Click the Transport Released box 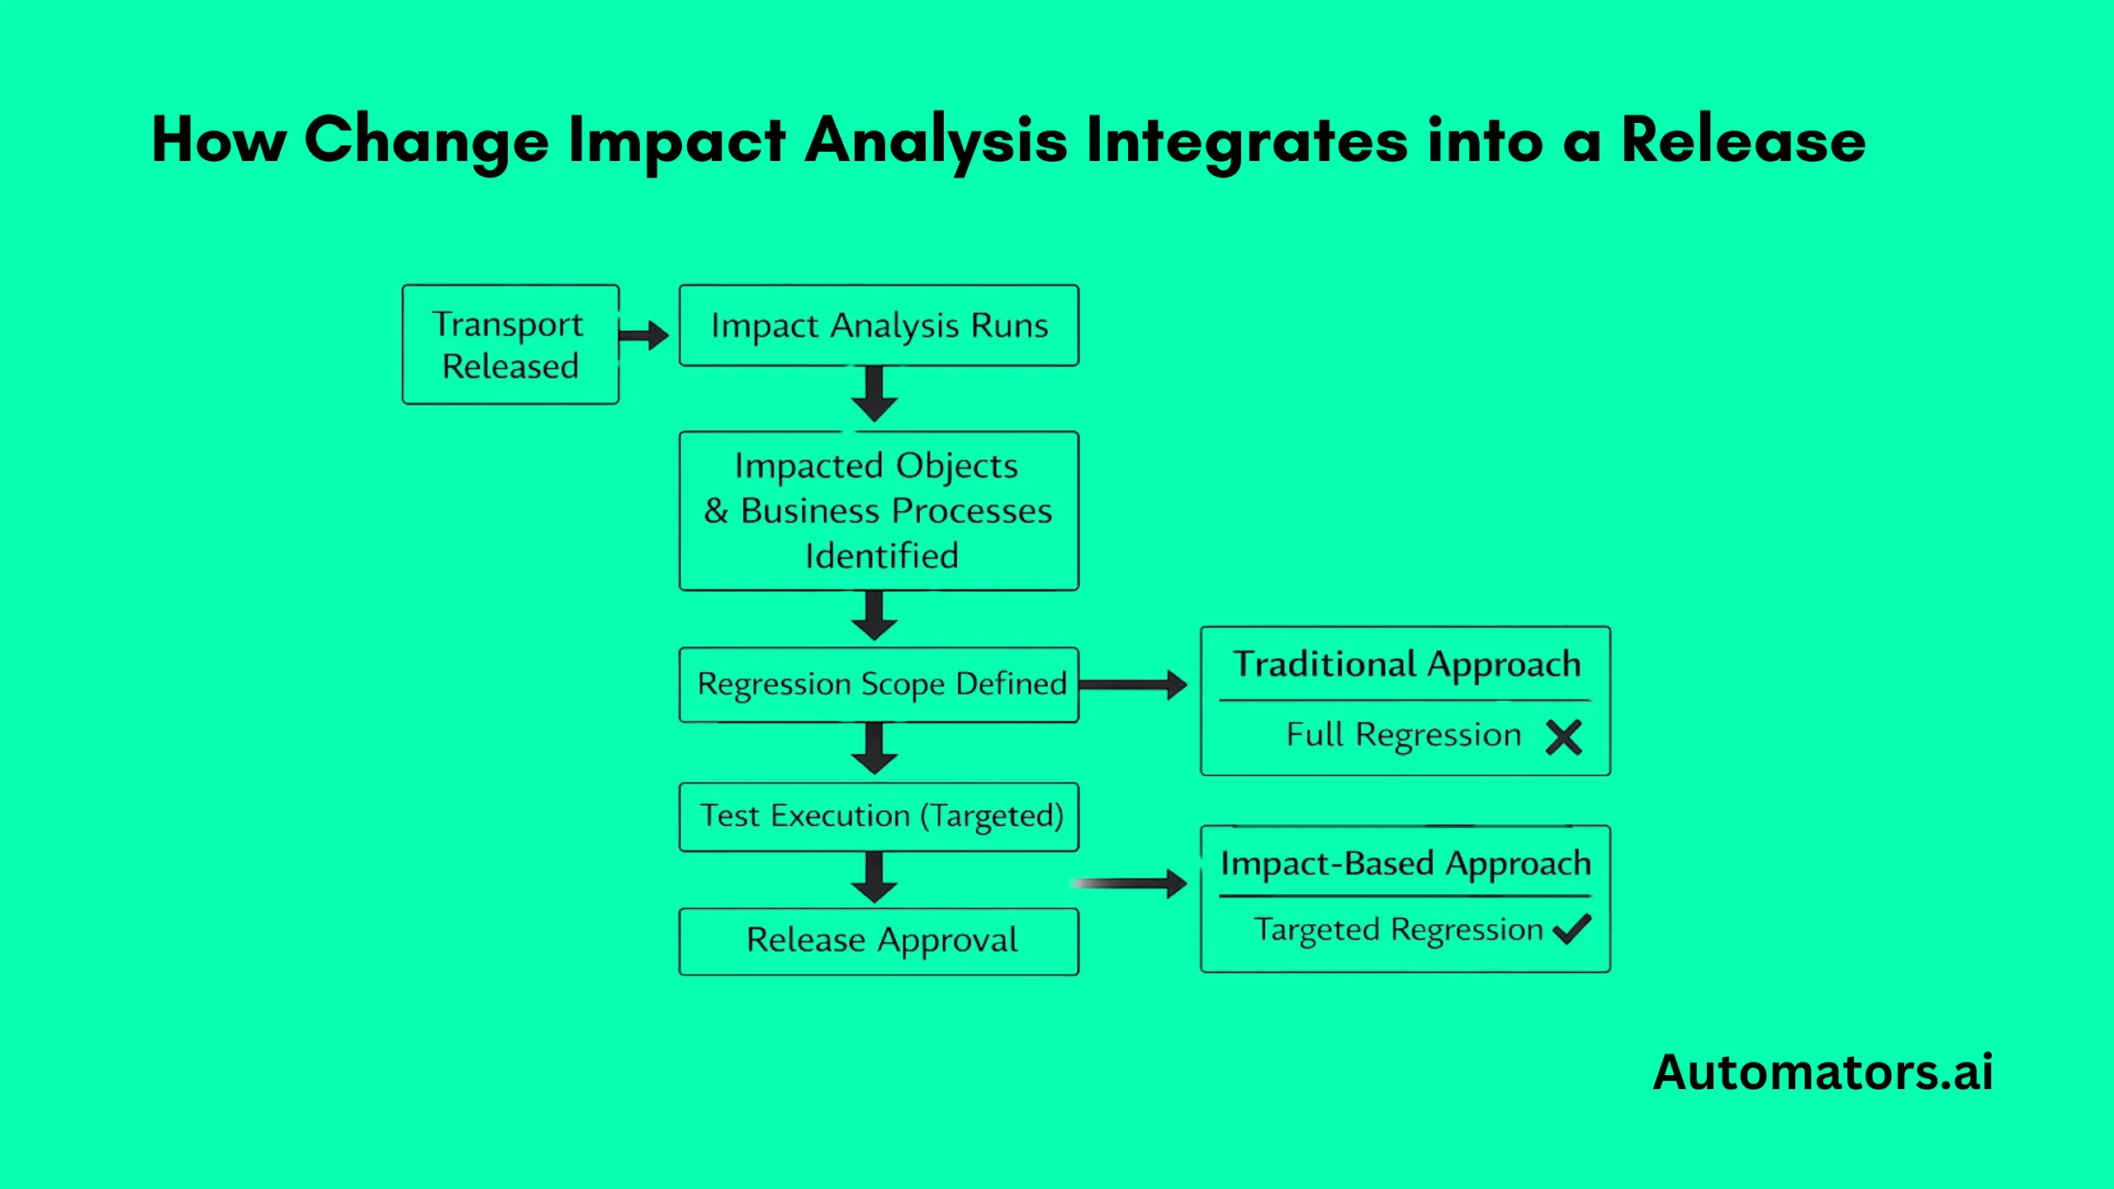[510, 344]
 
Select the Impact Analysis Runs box [879, 325]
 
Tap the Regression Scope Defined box [879, 685]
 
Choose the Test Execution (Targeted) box [879, 817]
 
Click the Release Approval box [879, 941]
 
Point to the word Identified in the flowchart [881, 556]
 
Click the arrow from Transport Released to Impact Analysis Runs [644, 335]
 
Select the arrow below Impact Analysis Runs [875, 395]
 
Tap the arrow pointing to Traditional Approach [1133, 685]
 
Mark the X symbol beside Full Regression [1563, 737]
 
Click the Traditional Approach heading [1406, 665]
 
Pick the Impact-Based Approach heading [1405, 864]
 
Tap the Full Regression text [1403, 735]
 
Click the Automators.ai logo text [1822, 1073]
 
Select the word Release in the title [1742, 140]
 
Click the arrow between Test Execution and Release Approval [875, 878]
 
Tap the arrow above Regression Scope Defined [875, 616]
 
